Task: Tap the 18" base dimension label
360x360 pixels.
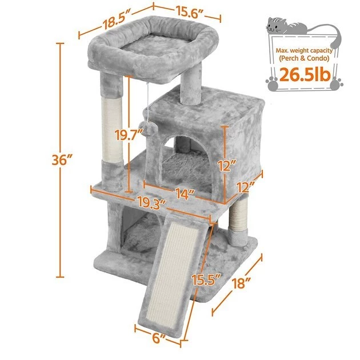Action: tap(250, 285)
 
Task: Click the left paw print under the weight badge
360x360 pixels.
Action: tap(273, 82)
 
